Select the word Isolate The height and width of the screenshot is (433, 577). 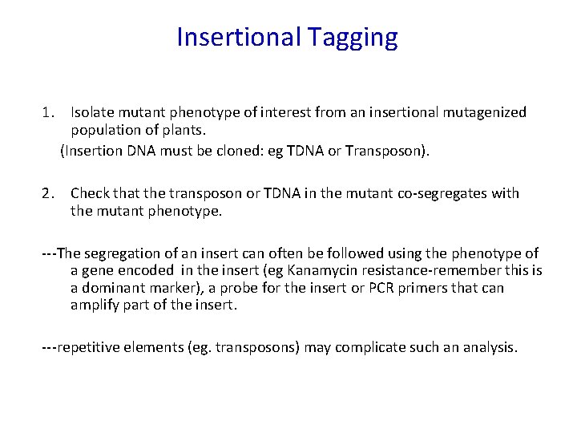93,112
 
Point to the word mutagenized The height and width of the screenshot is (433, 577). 486,112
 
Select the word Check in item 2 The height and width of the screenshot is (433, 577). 91,193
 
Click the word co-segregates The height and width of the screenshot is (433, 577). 442,193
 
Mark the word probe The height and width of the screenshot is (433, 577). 232,288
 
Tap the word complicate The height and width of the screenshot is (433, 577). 371,347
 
